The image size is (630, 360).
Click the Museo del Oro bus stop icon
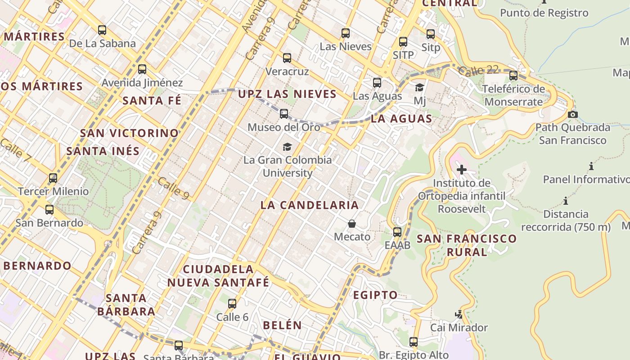tap(284, 114)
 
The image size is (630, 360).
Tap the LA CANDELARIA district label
tap(310, 205)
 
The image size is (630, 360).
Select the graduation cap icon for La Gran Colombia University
tap(287, 147)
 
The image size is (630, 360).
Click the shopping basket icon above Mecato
tap(352, 224)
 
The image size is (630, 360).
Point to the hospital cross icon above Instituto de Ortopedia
tap(462, 170)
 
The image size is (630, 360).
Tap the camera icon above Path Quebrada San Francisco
tap(572, 114)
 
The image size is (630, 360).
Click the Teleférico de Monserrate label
tap(513, 95)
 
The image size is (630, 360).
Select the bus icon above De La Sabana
tap(102, 30)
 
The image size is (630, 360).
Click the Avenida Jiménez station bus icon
tap(142, 69)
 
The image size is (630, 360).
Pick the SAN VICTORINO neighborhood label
tap(130, 133)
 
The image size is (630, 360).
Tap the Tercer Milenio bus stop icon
tap(53, 178)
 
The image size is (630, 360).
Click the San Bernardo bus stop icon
tap(49, 210)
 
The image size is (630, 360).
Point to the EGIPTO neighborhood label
tap(375, 295)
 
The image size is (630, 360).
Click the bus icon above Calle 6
tap(232, 304)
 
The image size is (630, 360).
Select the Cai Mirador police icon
tap(459, 314)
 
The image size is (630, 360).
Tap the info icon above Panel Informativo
tap(591, 166)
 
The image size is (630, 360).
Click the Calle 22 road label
tap(480, 70)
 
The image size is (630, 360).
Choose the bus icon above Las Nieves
tap(346, 33)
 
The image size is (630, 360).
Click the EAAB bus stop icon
tap(397, 232)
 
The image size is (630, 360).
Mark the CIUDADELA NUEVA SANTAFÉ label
tap(219, 276)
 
